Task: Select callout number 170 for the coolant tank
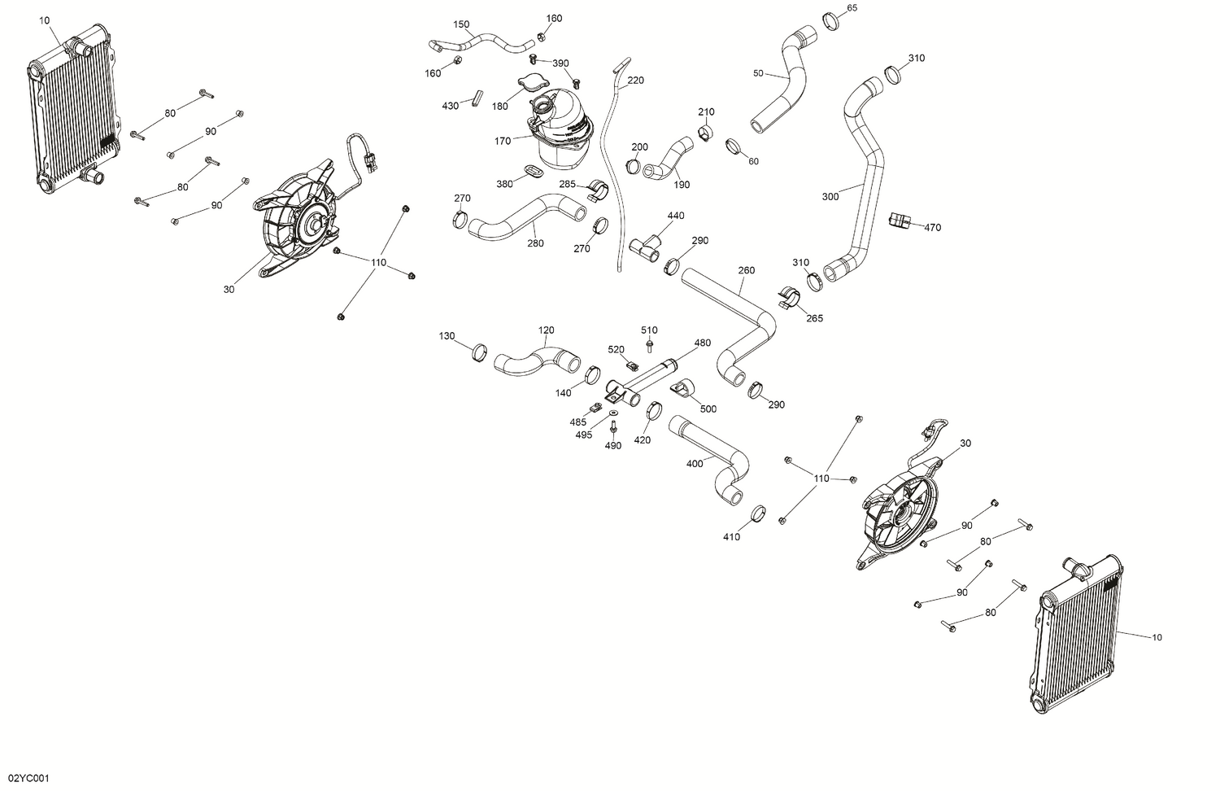click(x=503, y=141)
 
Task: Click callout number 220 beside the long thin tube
click(x=636, y=81)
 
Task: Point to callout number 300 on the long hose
click(x=830, y=196)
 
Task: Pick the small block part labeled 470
click(x=898, y=220)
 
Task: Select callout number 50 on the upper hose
click(x=758, y=73)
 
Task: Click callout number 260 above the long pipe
click(x=747, y=270)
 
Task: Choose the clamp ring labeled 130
click(x=480, y=352)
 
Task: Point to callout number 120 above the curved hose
click(x=547, y=330)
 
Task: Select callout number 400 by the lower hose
click(x=695, y=464)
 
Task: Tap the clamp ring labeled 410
click(x=756, y=514)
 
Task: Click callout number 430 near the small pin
click(x=451, y=106)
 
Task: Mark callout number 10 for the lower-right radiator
click(x=1157, y=637)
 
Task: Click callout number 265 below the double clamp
click(x=814, y=318)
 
